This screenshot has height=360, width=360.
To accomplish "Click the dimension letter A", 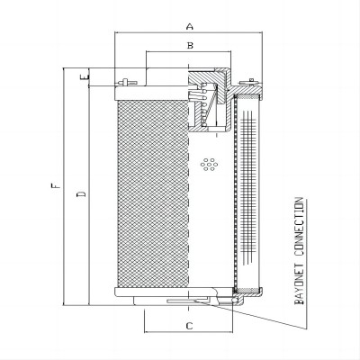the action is (x=190, y=26).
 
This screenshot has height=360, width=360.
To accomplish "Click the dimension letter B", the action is (x=190, y=46).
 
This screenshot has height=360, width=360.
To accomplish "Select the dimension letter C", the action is (x=189, y=326).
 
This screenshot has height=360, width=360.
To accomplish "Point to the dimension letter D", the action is (x=81, y=193).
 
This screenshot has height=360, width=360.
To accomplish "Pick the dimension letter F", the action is (x=56, y=185).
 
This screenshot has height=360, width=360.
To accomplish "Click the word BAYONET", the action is (x=299, y=283).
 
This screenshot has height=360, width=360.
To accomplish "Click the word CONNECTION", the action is (x=299, y=227).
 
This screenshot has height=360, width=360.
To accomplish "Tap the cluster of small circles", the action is (x=210, y=164).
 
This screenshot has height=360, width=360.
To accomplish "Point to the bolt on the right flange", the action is (x=250, y=81).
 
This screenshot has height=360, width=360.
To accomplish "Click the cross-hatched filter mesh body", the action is (x=153, y=193).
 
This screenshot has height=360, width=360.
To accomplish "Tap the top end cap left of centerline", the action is (x=151, y=94).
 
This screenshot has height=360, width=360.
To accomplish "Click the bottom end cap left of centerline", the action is (x=151, y=291).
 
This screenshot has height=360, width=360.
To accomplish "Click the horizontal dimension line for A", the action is (x=189, y=31).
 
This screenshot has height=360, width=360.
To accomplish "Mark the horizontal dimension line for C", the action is (x=188, y=332).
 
